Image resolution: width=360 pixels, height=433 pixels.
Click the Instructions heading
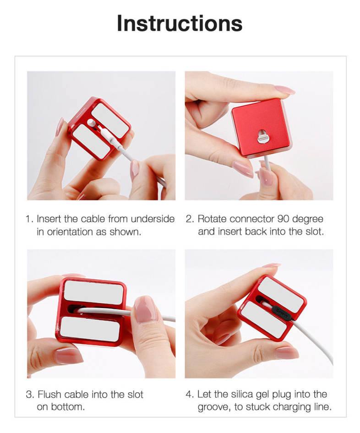click(x=180, y=23)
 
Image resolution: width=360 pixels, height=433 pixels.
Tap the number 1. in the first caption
click(x=29, y=219)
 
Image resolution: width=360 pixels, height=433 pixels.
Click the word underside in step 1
click(x=153, y=219)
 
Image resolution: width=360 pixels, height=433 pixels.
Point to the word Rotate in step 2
click(x=212, y=219)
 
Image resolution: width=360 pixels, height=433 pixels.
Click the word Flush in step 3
click(x=49, y=394)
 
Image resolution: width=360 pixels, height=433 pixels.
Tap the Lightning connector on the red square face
click(x=262, y=136)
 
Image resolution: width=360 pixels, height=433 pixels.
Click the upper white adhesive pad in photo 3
click(x=93, y=292)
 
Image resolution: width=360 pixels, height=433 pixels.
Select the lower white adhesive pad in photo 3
click(x=90, y=329)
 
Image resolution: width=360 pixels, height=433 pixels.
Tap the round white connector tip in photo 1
click(x=91, y=122)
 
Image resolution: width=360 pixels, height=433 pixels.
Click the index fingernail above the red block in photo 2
click(x=284, y=90)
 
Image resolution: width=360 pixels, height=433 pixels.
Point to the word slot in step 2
click(x=314, y=232)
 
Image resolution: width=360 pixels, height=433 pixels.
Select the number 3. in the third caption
click(x=30, y=395)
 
